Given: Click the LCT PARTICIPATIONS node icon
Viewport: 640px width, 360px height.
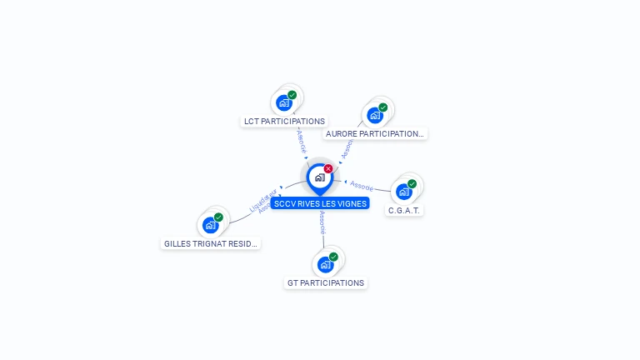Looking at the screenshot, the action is click(x=284, y=103).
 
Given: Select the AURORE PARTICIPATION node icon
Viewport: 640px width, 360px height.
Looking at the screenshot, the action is click(x=375, y=115).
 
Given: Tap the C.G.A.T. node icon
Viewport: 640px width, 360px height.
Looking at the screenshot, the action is click(x=404, y=192).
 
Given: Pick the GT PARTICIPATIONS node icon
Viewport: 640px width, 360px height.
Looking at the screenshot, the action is click(x=326, y=265).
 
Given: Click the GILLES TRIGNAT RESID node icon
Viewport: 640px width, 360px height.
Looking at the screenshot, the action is click(x=211, y=225).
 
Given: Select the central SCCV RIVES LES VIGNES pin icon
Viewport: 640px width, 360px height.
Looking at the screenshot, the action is click(x=319, y=177).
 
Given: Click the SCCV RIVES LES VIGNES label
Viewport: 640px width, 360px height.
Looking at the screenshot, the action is click(x=320, y=203).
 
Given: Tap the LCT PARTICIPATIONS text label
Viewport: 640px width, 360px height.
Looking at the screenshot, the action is click(x=284, y=122).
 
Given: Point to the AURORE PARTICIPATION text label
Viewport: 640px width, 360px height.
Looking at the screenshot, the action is click(x=375, y=133).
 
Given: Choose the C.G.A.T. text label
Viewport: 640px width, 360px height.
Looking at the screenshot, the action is click(x=404, y=210).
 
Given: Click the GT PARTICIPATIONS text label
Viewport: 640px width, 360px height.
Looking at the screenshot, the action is click(x=326, y=283).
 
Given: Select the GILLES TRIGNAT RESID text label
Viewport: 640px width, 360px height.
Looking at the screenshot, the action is click(x=211, y=243).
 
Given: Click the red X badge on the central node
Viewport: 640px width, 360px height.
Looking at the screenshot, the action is click(x=328, y=168).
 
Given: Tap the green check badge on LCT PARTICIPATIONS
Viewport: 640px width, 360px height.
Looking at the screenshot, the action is click(x=292, y=95).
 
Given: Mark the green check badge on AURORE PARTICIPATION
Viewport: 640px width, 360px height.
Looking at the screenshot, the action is click(x=383, y=107).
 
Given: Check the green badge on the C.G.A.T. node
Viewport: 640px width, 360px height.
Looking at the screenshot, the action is click(x=412, y=183).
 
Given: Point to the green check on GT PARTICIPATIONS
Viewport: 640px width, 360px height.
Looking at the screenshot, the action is click(x=334, y=257).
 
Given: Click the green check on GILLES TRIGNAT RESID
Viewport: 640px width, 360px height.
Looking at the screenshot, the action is click(x=219, y=217).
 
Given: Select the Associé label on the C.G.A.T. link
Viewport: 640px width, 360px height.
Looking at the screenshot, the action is click(x=362, y=185).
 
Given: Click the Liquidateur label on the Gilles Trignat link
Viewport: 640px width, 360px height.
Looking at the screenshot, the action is click(x=262, y=200).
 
